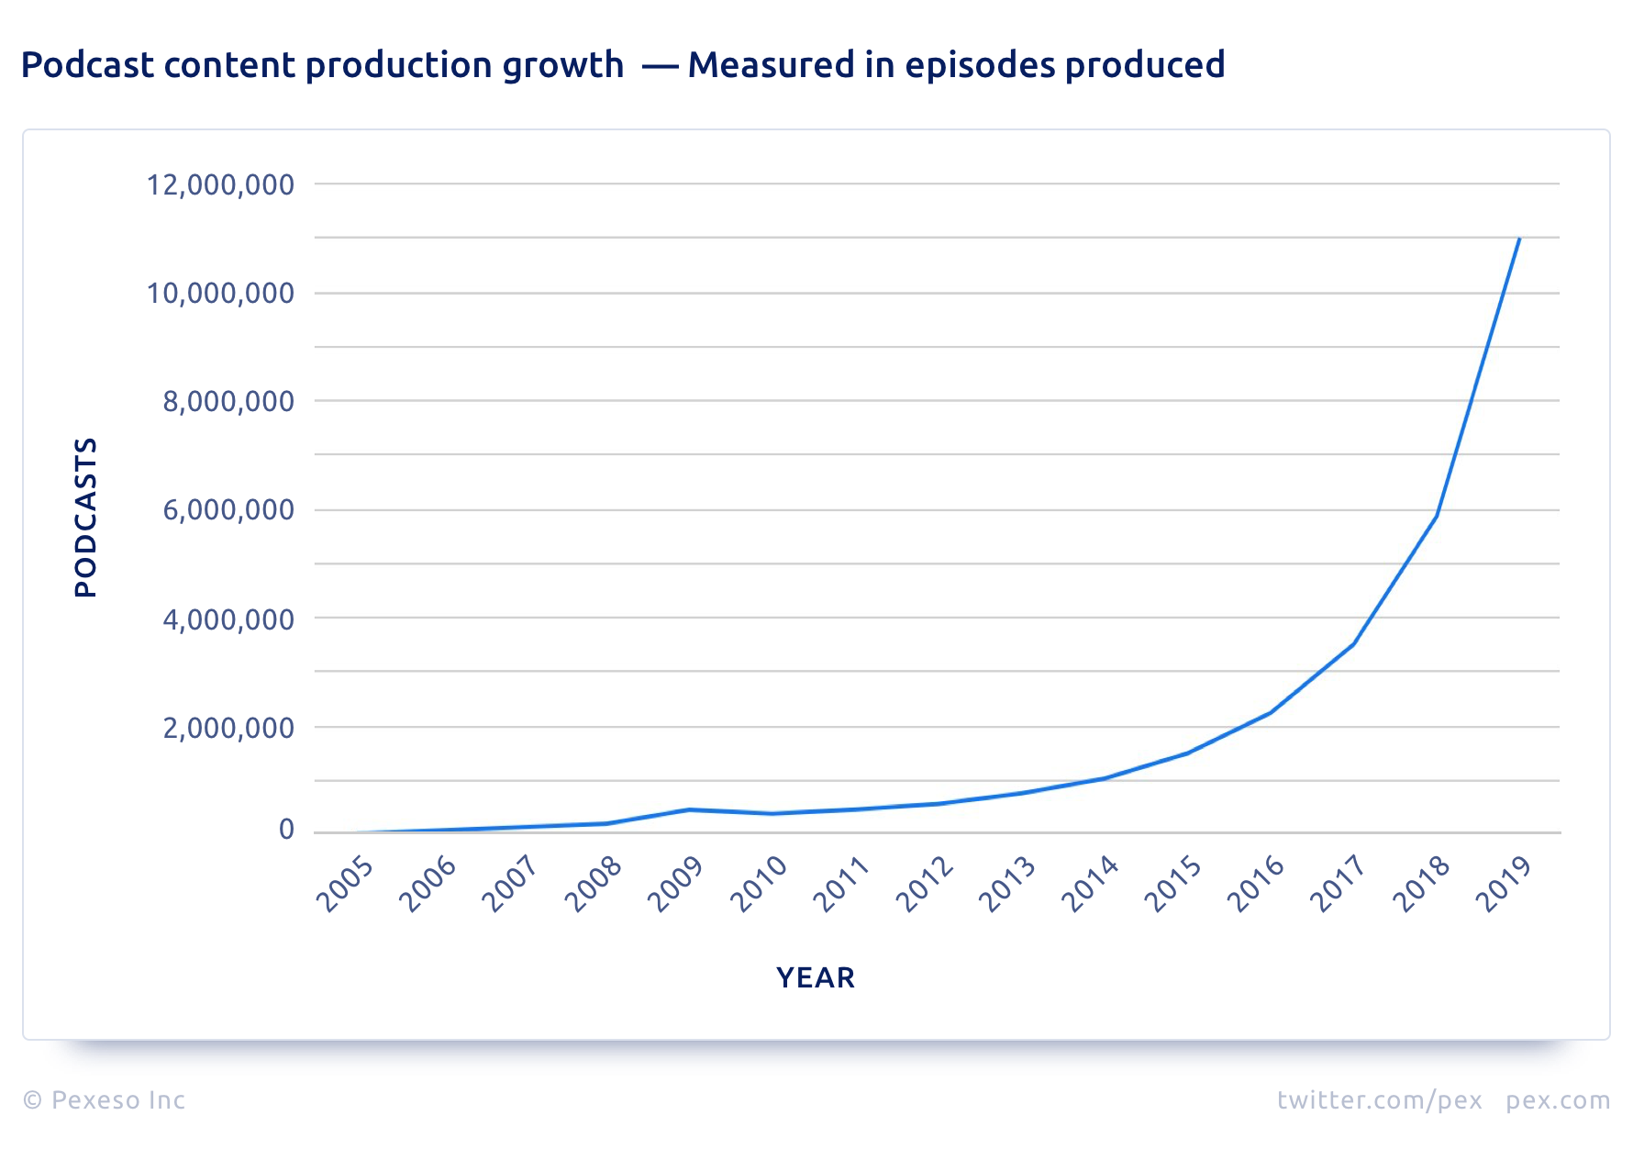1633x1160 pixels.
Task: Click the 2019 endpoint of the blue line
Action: tap(1519, 239)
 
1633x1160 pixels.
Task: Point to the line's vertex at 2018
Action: tap(1436, 516)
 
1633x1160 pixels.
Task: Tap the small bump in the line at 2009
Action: tap(688, 809)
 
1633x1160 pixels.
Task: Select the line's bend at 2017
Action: tap(1353, 644)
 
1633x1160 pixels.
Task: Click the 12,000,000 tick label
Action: tap(220, 184)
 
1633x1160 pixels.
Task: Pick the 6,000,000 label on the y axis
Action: tap(228, 510)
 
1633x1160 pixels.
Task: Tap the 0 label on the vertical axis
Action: tap(286, 830)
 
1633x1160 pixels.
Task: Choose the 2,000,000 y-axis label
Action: tap(228, 728)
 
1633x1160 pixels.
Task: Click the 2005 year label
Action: tap(345, 884)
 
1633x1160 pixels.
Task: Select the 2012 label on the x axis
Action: tap(926, 884)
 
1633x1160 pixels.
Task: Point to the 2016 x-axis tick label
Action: tap(1257, 884)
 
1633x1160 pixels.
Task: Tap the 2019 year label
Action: tap(1505, 884)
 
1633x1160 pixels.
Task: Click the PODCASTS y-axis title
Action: tap(85, 518)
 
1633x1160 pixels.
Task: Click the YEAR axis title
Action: tap(816, 977)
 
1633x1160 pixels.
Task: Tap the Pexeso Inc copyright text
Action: tap(105, 1099)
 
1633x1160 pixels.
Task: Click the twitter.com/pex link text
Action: tap(1379, 1099)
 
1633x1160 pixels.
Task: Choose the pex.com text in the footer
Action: tap(1557, 1099)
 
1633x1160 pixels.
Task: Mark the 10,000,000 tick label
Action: tap(220, 294)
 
